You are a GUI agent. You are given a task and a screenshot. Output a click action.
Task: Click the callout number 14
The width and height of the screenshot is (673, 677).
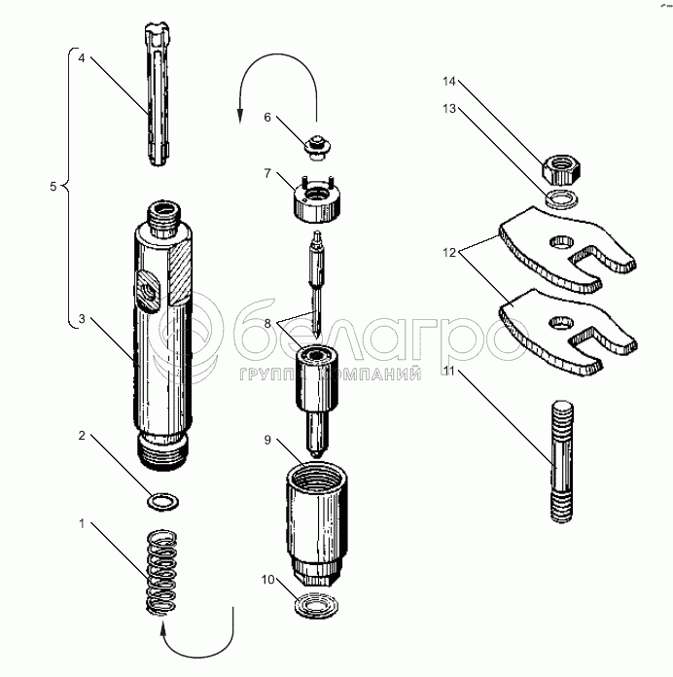[x=449, y=81]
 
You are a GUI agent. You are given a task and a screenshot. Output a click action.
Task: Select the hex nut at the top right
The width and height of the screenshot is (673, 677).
[x=561, y=169]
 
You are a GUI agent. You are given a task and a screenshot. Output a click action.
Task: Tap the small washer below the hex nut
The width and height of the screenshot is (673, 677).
[x=561, y=197]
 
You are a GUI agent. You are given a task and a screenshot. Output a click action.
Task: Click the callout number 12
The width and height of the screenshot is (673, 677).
[x=449, y=253]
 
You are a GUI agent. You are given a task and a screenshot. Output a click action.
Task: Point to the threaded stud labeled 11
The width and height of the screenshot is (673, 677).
[x=562, y=462]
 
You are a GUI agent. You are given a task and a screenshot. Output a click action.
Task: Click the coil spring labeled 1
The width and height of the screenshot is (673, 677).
[x=161, y=572]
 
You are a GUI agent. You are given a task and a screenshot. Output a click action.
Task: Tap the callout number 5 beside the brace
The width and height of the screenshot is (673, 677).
[x=53, y=187]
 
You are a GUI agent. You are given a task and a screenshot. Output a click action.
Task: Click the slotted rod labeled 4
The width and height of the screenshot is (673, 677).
[x=158, y=95]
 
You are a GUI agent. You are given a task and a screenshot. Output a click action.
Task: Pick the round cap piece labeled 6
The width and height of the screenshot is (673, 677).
[x=318, y=147]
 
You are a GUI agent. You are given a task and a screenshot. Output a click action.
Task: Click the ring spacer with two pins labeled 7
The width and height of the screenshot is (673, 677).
[x=318, y=201]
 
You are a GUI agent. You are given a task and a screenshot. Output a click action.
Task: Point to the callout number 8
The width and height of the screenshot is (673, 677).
[x=267, y=323]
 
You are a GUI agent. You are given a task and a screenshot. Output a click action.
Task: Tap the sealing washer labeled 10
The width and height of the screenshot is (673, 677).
[x=316, y=605]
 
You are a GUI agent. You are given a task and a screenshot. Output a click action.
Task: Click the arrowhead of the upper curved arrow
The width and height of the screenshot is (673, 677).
[x=240, y=117]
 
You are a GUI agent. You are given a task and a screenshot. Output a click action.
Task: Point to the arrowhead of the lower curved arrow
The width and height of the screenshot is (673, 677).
[x=162, y=627]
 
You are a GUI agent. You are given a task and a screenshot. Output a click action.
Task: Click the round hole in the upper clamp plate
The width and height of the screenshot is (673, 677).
[x=561, y=242]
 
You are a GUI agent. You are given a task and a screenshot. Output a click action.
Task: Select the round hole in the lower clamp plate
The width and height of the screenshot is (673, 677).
[x=561, y=322]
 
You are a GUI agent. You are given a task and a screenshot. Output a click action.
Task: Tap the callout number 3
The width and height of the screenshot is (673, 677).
[x=82, y=319]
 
